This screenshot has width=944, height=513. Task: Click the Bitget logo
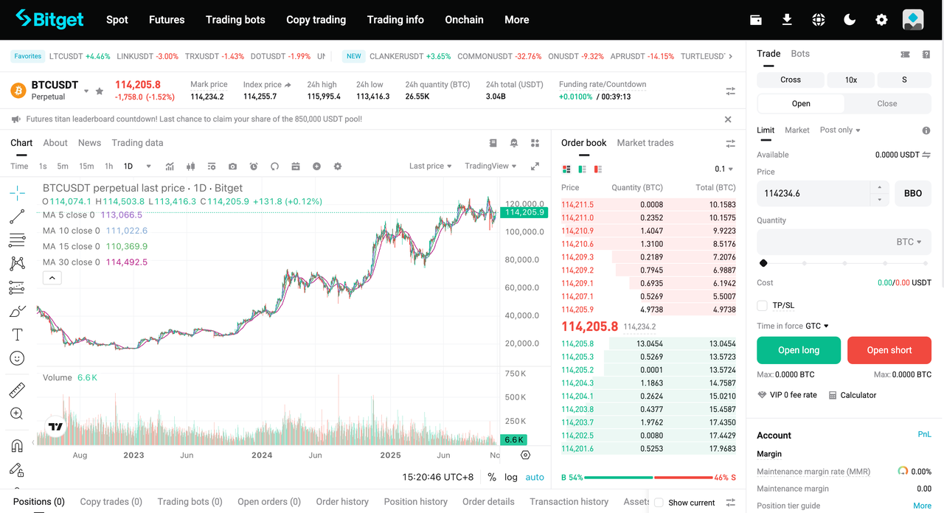49,19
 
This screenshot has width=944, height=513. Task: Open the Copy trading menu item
316,20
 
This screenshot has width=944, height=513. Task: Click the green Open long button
799,350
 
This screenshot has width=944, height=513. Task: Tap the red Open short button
889,350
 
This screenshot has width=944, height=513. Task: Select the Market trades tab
645,143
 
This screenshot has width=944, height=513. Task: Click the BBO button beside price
912,193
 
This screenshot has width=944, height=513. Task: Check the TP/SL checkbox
763,305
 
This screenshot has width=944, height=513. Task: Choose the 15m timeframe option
86,167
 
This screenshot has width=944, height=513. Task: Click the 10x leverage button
850,80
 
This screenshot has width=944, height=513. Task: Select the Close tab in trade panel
886,104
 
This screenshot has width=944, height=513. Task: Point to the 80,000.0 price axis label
521,259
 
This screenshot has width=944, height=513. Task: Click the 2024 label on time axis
262,456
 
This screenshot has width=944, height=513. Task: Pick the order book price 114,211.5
577,205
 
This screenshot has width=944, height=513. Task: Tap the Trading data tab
137,143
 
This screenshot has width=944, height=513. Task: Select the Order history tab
342,502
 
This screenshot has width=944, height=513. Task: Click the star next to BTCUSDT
100,91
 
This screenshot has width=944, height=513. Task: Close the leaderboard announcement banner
728,119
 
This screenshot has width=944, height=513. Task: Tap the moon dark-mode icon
850,20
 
